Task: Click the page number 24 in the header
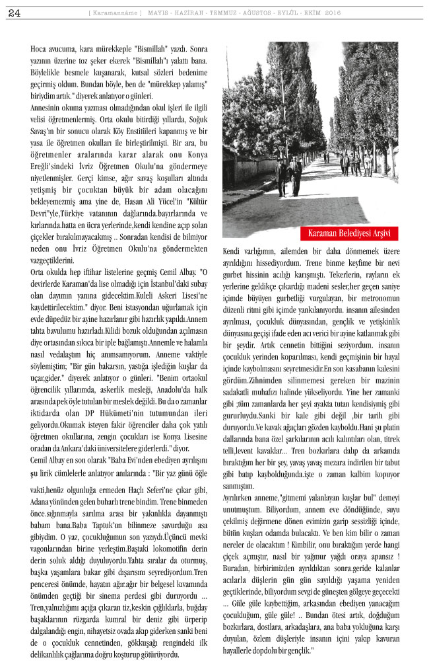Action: tap(14, 13)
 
